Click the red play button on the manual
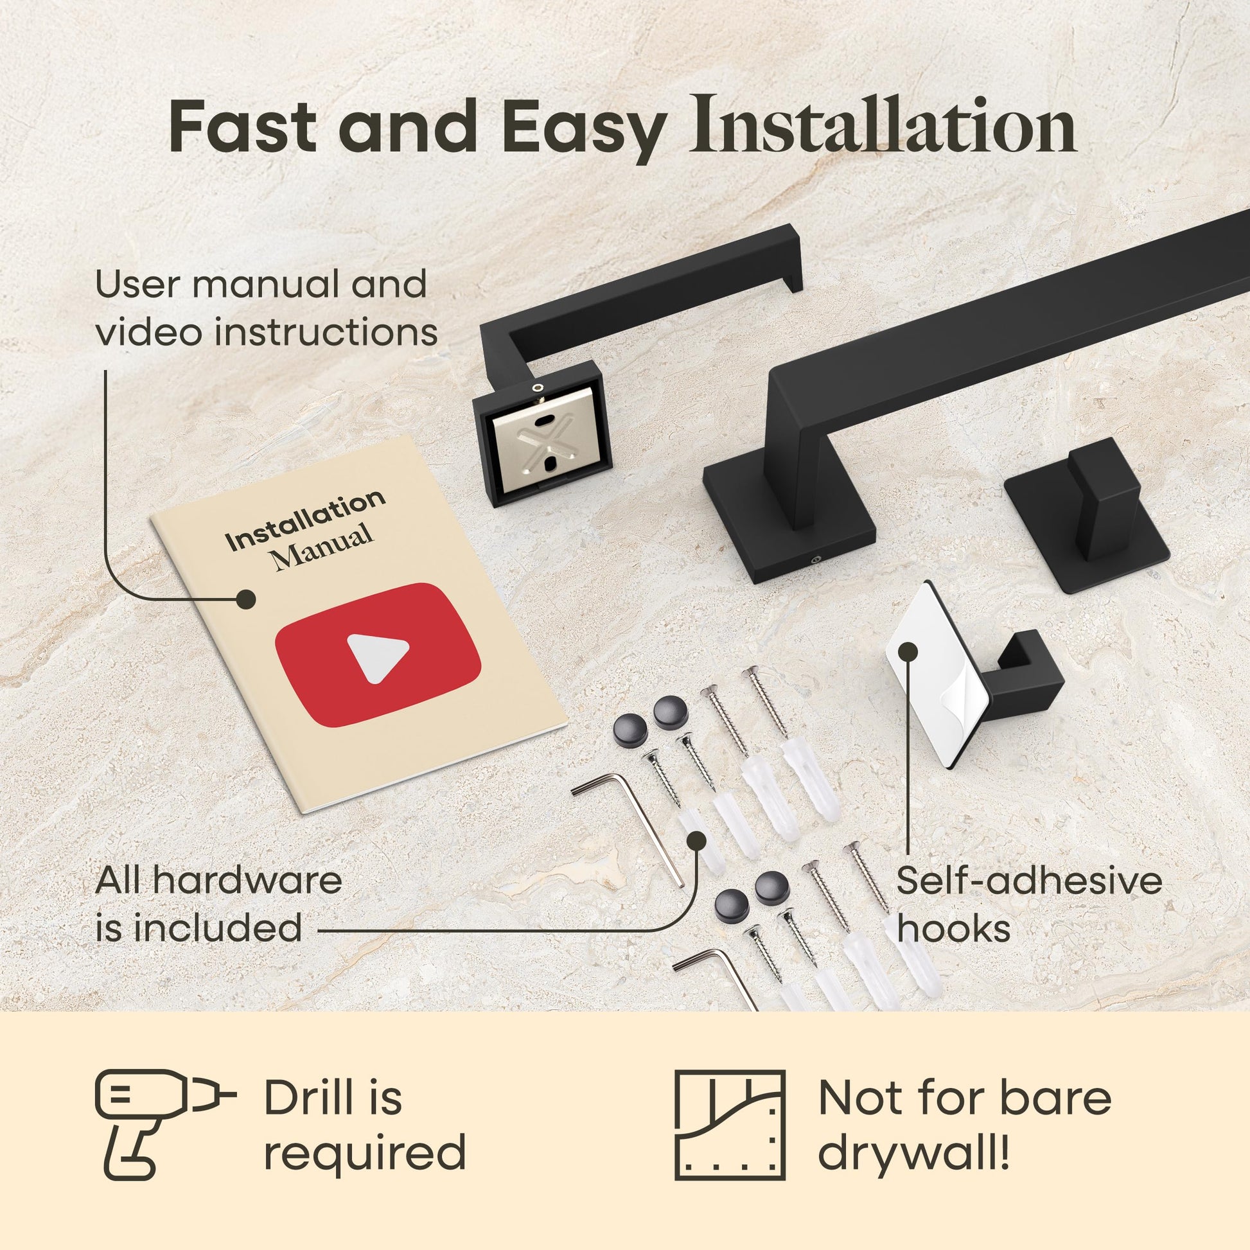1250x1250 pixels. [378, 653]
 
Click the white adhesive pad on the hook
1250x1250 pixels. [935, 673]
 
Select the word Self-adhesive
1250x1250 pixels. [1029, 880]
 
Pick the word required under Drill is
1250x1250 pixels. [365, 1152]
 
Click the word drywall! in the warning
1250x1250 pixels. [913, 1152]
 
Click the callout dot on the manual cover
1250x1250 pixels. [245, 599]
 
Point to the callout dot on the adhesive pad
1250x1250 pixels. [908, 651]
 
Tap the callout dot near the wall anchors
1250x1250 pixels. [696, 841]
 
